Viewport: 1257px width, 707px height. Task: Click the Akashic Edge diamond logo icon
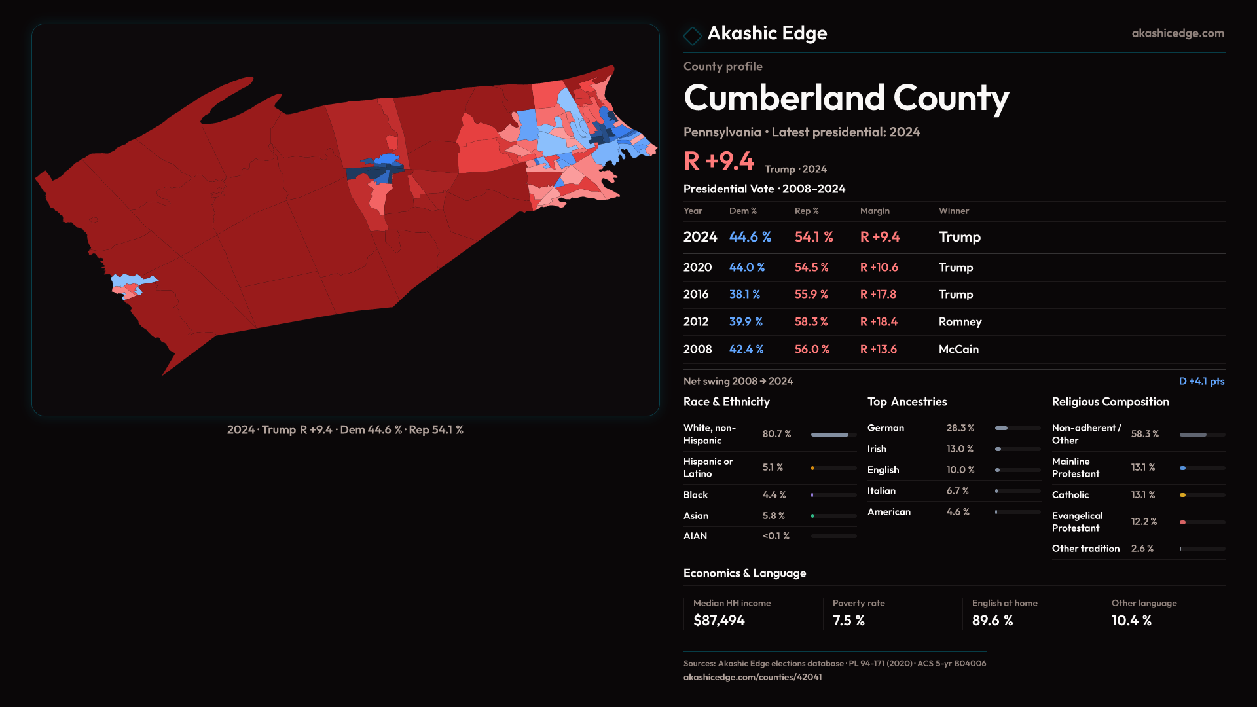(692, 35)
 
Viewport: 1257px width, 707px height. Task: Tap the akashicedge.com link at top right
(1178, 33)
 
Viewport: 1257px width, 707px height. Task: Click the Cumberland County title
(846, 98)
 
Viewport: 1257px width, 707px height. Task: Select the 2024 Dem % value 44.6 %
(750, 237)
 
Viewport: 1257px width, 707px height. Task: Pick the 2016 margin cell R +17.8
(878, 295)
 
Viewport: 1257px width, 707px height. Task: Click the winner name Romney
(960, 322)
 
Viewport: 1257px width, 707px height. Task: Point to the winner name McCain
(958, 350)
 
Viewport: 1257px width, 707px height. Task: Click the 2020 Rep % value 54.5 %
(811, 268)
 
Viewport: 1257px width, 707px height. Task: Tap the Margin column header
(875, 211)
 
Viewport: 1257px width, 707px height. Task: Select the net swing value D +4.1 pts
(1201, 381)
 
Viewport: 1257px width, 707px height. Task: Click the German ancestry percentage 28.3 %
(960, 428)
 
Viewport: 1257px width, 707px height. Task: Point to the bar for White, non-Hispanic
(833, 435)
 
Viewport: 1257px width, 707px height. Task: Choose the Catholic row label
(1070, 495)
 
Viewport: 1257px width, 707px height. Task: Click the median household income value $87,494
(719, 621)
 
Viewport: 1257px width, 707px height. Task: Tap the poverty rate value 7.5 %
(848, 621)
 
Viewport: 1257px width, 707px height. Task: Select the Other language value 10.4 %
(1131, 621)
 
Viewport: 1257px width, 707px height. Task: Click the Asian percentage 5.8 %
(773, 516)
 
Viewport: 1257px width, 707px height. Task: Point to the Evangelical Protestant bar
(1202, 522)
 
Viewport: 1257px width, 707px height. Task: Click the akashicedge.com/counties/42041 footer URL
(752, 677)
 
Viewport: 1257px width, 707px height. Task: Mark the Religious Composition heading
(1110, 402)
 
